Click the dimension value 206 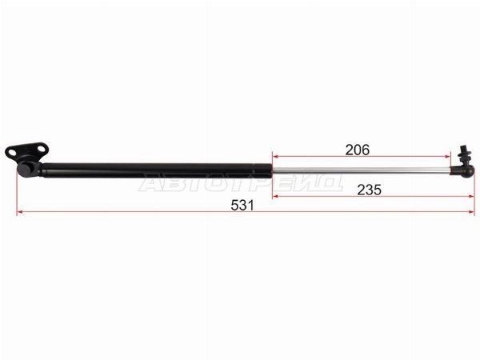coord(358,150)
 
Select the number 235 coord(369,190)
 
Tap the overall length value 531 coord(242,206)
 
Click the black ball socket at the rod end coord(466,171)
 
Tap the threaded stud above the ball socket coord(465,154)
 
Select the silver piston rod coord(362,170)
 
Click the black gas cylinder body coord(157,171)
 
